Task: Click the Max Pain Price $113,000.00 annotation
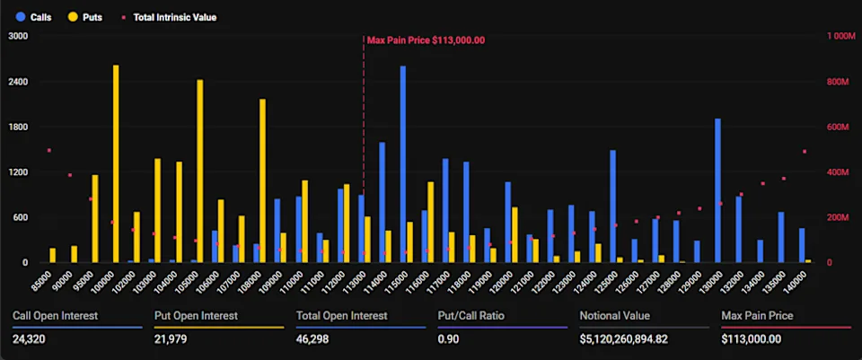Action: tap(426, 40)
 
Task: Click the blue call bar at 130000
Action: tap(717, 190)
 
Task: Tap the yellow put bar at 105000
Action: tap(199, 171)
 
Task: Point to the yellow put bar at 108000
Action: tap(262, 180)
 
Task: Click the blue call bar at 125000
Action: tap(612, 206)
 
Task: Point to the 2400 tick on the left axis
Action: tap(18, 82)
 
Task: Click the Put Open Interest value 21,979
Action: tap(171, 338)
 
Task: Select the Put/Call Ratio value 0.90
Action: tap(448, 338)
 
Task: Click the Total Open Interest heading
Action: tap(341, 315)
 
